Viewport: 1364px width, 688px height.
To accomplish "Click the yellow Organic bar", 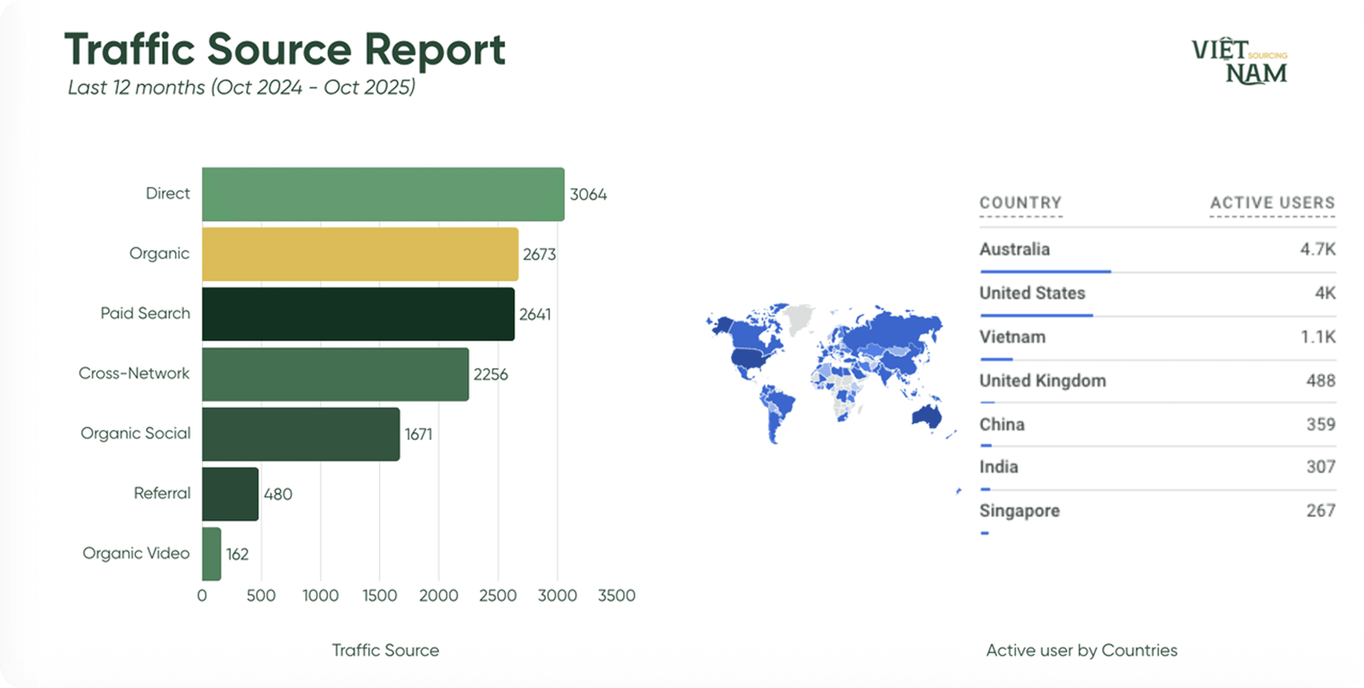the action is [x=360, y=254].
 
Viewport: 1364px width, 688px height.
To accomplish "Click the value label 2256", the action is [x=490, y=374].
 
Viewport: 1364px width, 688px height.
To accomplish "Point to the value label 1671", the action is [x=418, y=434].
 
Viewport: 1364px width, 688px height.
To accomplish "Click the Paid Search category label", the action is [x=145, y=313].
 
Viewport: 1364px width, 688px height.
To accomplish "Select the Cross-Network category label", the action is [x=134, y=373].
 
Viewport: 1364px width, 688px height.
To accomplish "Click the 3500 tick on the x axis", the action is [x=616, y=595].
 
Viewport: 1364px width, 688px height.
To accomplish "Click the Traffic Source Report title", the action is [x=285, y=49].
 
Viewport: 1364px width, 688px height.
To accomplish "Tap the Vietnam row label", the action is [x=1012, y=337].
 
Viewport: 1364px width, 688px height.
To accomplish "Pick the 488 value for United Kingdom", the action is [x=1321, y=380].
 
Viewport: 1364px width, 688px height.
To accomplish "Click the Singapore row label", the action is [x=1019, y=511].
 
